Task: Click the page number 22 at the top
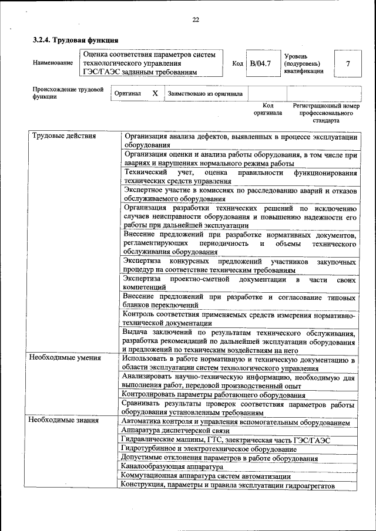pos(196,20)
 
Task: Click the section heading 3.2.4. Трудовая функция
pos(75,40)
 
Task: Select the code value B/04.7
pos(260,63)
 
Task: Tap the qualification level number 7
pos(348,63)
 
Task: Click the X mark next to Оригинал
pos(155,93)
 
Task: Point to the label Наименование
pos(53,63)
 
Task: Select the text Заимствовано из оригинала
pos(205,93)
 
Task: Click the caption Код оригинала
pos(267,109)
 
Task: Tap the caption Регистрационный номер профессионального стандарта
pos(325,113)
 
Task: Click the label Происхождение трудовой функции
pos(68,93)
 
